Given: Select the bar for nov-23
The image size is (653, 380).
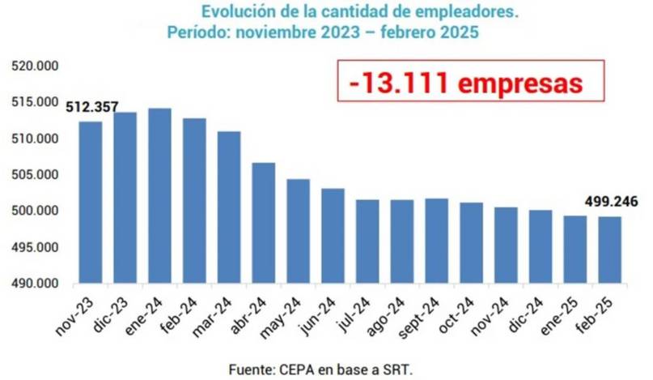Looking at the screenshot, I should tap(91, 203).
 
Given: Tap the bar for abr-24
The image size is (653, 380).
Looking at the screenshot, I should tap(264, 223).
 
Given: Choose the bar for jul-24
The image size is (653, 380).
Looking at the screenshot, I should tap(367, 241).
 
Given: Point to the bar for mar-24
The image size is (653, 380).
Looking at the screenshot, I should tap(229, 207).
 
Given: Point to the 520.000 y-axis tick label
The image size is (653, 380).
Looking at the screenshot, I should tap(34, 66).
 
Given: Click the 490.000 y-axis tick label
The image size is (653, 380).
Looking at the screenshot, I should tap(34, 284).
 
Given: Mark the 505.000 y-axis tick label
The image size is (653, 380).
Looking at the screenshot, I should tap(34, 175).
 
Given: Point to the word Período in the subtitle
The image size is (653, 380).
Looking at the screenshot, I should tap(195, 33).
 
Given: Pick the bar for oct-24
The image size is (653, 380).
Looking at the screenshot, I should tap(471, 243).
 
